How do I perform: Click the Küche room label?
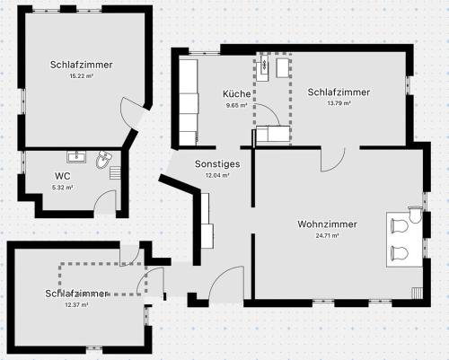tap(237, 93)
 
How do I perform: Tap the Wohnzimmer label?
tap(327, 224)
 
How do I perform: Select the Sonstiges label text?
tap(217, 164)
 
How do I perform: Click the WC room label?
tap(63, 176)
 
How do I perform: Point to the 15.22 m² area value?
tap(82, 76)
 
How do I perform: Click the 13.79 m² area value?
tap(339, 103)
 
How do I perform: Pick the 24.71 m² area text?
tap(327, 235)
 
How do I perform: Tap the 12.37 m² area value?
tap(76, 305)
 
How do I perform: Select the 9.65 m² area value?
tap(237, 105)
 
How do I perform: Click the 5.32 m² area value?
tap(63, 188)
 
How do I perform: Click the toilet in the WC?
tap(103, 159)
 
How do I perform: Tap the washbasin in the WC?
tap(76, 157)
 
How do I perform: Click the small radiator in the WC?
tap(115, 173)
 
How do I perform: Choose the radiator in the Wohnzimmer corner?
tap(418, 293)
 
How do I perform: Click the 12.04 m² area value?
tap(217, 176)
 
